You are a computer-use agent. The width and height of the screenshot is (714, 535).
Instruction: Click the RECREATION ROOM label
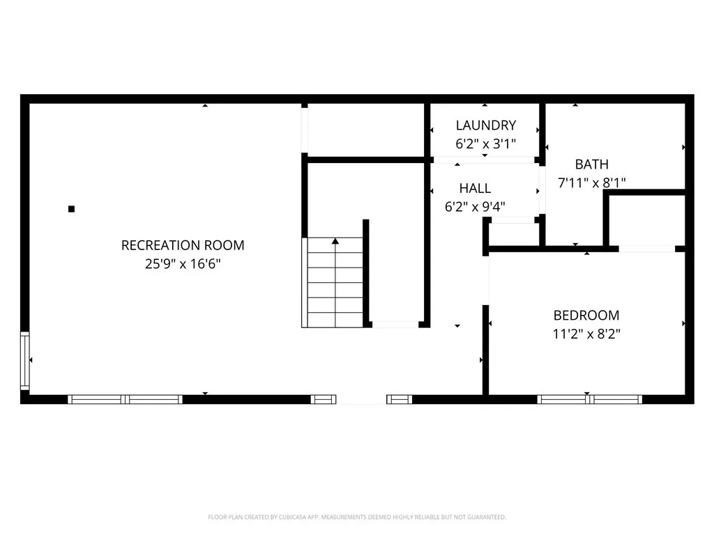(183, 245)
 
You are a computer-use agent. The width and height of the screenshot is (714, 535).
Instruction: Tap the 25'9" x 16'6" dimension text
(183, 264)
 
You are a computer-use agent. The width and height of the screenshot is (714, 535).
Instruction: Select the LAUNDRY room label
(485, 125)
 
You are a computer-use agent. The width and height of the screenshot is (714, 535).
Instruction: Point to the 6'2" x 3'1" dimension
(485, 144)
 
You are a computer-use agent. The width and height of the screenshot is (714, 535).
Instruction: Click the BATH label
(591, 164)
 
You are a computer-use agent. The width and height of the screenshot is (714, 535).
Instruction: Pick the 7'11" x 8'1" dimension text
(591, 183)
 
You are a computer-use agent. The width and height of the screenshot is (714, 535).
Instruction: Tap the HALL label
(475, 188)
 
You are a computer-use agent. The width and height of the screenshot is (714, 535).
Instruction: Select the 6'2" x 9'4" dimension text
(475, 207)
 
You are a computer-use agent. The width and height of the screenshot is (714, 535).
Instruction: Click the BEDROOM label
(586, 315)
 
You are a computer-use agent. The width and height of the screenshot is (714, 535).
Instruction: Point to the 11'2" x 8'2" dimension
(586, 334)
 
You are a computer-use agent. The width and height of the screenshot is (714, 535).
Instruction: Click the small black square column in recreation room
(71, 208)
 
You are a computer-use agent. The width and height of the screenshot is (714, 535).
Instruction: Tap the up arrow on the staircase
(335, 242)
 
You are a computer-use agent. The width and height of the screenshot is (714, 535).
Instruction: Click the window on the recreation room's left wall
(25, 360)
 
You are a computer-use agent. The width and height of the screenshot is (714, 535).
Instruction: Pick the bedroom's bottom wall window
(589, 399)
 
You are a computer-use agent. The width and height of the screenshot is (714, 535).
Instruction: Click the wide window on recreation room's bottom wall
(125, 399)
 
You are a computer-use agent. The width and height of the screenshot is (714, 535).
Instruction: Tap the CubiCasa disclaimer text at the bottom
(356, 517)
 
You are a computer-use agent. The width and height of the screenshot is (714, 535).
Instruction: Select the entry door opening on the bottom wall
(361, 400)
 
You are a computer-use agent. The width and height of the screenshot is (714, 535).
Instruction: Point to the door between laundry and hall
(484, 160)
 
